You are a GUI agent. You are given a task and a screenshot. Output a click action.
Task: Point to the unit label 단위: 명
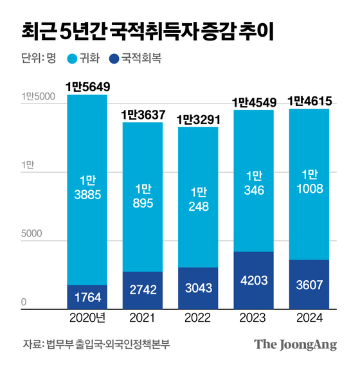click(x=38, y=58)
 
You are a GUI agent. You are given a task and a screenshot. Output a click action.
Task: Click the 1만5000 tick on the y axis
click(x=35, y=97)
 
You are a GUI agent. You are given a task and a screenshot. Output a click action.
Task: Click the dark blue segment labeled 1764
click(x=87, y=298)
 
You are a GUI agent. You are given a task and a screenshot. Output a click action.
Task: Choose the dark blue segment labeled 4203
click(x=253, y=281)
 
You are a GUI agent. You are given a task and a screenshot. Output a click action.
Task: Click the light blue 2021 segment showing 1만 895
click(x=143, y=196)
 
